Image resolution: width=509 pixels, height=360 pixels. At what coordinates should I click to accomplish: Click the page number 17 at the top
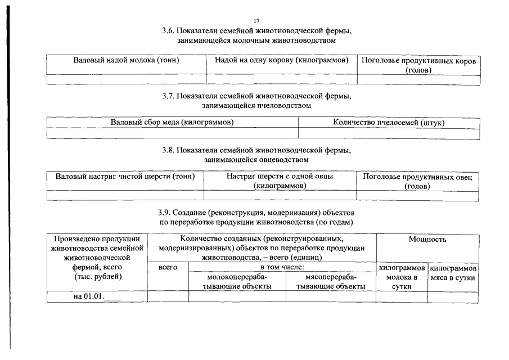[256, 21]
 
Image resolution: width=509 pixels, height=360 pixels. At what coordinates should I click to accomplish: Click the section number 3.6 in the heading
[169, 31]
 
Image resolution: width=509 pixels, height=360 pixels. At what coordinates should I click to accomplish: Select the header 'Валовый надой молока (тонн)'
[127, 60]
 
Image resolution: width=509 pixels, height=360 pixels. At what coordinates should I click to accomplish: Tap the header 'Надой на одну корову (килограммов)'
[281, 60]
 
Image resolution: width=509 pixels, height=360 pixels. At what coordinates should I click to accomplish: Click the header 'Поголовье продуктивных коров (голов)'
[419, 66]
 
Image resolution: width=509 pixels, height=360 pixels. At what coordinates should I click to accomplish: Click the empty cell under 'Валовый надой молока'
[127, 79]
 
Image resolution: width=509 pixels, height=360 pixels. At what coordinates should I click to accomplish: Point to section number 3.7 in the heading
[169, 96]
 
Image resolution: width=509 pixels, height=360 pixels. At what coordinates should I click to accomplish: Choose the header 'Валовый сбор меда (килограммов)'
[172, 123]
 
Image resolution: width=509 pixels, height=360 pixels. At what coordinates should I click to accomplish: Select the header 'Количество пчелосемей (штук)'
[389, 123]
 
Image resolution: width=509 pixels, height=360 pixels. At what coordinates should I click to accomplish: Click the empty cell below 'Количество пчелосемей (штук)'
[389, 134]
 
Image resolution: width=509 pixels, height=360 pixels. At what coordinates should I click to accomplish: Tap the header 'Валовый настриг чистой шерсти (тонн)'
[125, 177]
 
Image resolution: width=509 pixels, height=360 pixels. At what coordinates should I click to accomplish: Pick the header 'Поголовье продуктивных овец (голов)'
[417, 182]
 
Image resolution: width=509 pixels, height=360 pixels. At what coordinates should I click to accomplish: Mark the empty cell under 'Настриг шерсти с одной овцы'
[280, 195]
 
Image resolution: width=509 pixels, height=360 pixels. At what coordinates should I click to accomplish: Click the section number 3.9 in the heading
[164, 213]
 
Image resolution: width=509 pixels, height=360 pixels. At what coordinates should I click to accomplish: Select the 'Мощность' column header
[427, 240]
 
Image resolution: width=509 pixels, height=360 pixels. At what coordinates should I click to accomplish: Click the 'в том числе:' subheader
[282, 268]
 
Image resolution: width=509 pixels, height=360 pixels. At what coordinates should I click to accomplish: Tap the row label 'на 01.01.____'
[97, 296]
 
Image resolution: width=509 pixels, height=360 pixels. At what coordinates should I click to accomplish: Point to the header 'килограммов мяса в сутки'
[453, 273]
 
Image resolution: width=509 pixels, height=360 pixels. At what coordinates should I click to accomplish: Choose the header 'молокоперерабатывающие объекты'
[237, 282]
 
